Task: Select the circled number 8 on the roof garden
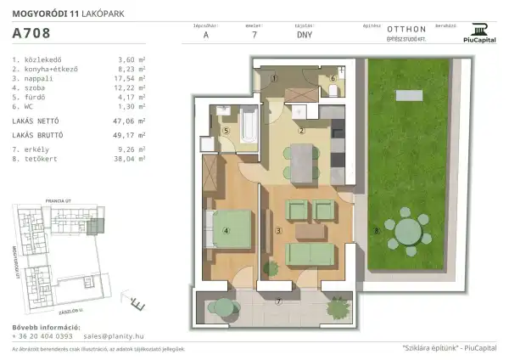[376, 230]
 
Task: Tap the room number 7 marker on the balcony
[278, 301]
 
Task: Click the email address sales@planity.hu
[104, 335]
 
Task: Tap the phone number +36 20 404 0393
[42, 335]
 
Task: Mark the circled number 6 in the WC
[333, 79]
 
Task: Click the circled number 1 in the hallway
[273, 79]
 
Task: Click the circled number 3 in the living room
[278, 231]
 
